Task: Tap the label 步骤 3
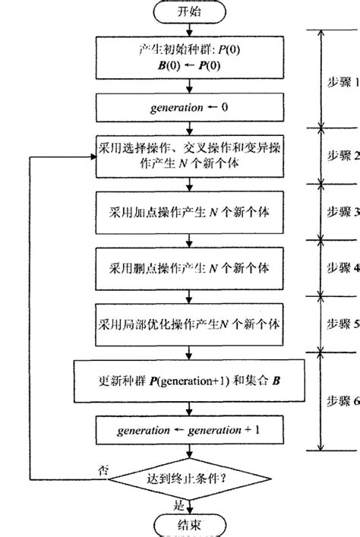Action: [x=339, y=210]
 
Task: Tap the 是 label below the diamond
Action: [x=179, y=503]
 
